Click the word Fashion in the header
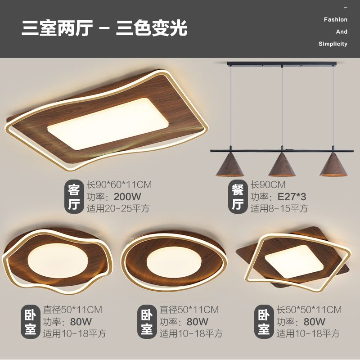(335, 20)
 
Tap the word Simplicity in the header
(333, 44)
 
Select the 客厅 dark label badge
(74, 197)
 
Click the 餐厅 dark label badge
(238, 197)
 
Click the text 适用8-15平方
(279, 208)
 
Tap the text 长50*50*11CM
(309, 310)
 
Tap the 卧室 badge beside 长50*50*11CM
(264, 322)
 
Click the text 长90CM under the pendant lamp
(268, 184)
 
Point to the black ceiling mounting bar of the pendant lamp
(282, 63)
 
